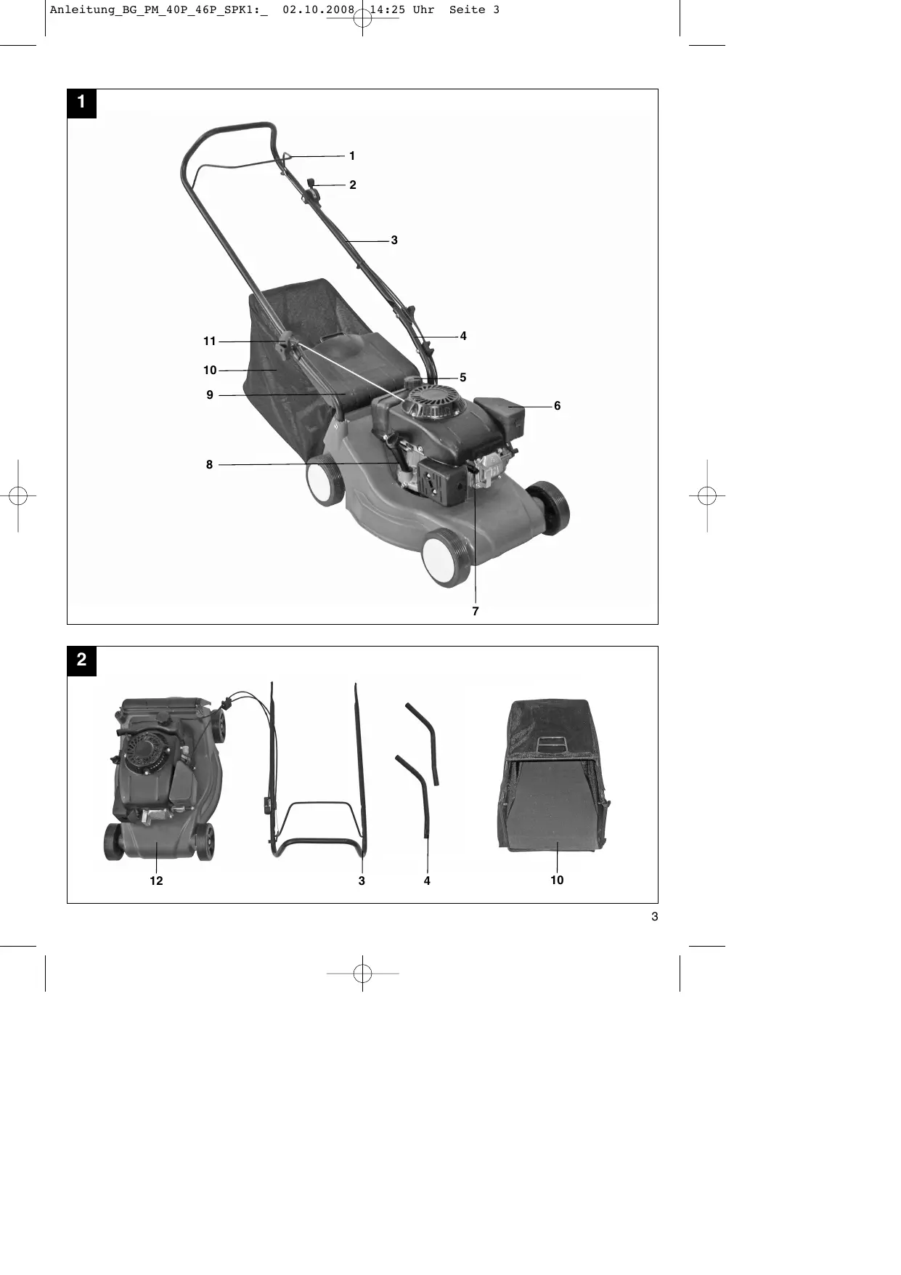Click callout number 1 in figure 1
click(x=352, y=155)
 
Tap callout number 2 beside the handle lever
click(x=353, y=185)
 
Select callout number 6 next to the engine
click(x=557, y=405)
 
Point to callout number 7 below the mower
click(x=476, y=611)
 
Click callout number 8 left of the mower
click(x=209, y=464)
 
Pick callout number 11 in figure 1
click(x=210, y=341)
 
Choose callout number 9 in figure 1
click(x=210, y=394)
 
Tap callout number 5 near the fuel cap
click(x=462, y=377)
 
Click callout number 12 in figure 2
click(x=156, y=881)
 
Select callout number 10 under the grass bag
click(x=557, y=880)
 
